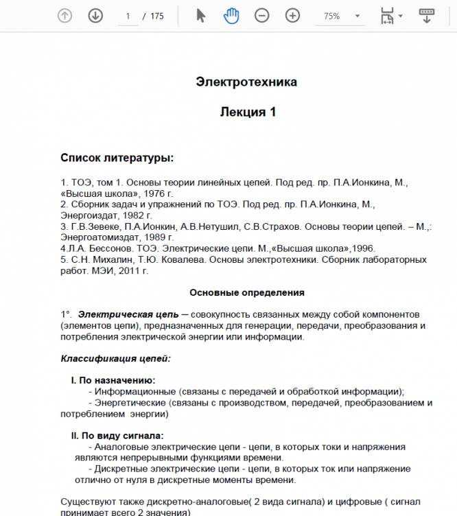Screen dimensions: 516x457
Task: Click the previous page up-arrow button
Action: pyautogui.click(x=65, y=16)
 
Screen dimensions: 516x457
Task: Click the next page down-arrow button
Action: pyautogui.click(x=95, y=16)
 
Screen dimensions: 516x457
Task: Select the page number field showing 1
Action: pyautogui.click(x=128, y=16)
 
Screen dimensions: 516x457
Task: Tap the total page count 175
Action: pyautogui.click(x=156, y=16)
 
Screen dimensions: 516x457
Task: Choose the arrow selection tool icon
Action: pyautogui.click(x=201, y=16)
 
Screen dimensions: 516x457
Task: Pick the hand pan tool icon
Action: pyautogui.click(x=231, y=16)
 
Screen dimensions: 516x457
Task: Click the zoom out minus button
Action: pyautogui.click(x=262, y=16)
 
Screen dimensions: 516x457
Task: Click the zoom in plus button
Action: pyautogui.click(x=293, y=16)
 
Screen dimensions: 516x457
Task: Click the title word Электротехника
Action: pyautogui.click(x=247, y=82)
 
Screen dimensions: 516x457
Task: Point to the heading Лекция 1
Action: pyautogui.click(x=248, y=112)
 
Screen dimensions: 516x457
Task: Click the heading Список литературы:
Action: pyautogui.click(x=117, y=159)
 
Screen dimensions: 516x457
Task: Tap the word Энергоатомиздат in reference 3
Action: pyautogui.click(x=96, y=237)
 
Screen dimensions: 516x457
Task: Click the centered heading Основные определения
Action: pyautogui.click(x=247, y=292)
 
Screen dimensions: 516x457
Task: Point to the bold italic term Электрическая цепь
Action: pyautogui.click(x=128, y=314)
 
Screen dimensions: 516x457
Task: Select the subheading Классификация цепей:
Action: pyautogui.click(x=115, y=358)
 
